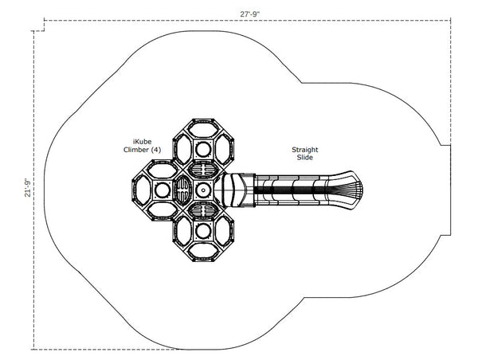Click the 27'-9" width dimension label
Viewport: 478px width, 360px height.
click(x=249, y=14)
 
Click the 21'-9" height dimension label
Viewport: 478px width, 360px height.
click(x=27, y=188)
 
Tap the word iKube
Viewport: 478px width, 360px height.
click(x=143, y=142)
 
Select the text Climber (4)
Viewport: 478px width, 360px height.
click(x=142, y=150)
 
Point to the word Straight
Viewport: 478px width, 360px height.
click(x=305, y=150)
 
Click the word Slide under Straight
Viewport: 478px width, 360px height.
click(x=305, y=158)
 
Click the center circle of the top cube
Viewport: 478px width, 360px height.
click(x=202, y=150)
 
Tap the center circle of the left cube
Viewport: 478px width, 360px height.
click(x=163, y=190)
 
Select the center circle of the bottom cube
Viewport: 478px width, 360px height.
click(x=202, y=231)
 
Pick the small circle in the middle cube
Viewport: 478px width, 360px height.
click(x=202, y=190)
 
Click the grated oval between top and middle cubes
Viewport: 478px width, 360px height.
click(x=203, y=170)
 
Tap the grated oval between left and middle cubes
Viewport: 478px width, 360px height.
click(x=183, y=190)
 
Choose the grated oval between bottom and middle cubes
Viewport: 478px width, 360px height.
click(x=203, y=211)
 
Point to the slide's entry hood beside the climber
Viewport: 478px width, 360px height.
click(x=235, y=190)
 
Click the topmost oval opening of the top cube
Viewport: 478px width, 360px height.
click(x=202, y=130)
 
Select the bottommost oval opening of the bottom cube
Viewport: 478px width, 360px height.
click(x=202, y=251)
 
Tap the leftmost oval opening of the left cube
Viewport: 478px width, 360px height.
click(x=142, y=190)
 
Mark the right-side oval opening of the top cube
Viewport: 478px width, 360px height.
click(x=223, y=150)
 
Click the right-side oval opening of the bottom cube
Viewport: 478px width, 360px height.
click(x=223, y=231)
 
